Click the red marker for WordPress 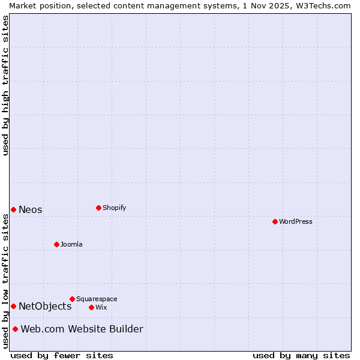[x=275, y=221]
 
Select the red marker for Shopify [x=98, y=208]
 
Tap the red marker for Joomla [x=56, y=244]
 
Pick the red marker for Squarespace [x=72, y=299]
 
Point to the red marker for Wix [x=91, y=307]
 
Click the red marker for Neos [x=13, y=209]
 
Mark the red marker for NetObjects [x=13, y=306]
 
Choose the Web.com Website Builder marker [x=15, y=329]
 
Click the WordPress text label [x=296, y=221]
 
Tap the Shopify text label [x=115, y=208]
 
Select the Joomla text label [x=71, y=244]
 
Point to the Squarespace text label [x=97, y=299]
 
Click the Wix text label [x=101, y=307]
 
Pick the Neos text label [x=31, y=209]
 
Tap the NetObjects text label [x=45, y=306]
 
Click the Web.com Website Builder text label [x=82, y=329]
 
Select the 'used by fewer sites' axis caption [x=62, y=355]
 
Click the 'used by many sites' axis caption [x=301, y=355]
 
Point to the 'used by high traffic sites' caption [x=5, y=85]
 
